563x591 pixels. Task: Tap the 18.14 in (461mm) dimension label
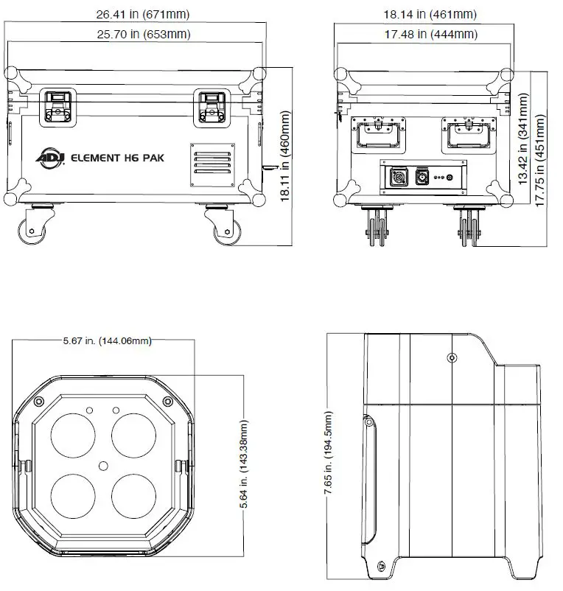coord(424,14)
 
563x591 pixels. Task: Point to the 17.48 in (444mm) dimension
coord(424,34)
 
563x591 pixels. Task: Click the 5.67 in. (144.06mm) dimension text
coord(106,340)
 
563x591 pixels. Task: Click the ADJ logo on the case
coord(49,156)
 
